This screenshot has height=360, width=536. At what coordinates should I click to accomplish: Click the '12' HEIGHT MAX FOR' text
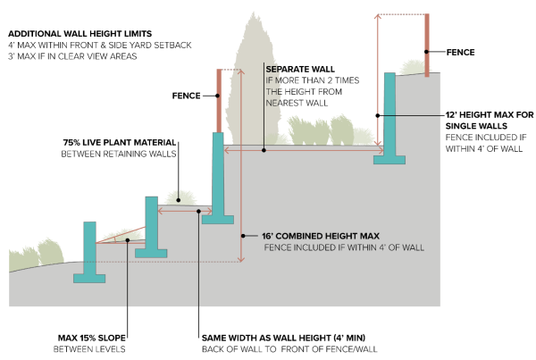[490, 114]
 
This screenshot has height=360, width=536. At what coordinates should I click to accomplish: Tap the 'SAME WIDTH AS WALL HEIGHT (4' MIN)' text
[276, 338]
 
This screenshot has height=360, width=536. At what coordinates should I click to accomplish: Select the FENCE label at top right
[460, 52]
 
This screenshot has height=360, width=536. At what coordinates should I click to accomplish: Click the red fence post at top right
[429, 45]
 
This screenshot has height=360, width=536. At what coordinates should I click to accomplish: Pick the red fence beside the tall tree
[218, 101]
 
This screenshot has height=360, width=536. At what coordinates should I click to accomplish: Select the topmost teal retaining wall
[390, 116]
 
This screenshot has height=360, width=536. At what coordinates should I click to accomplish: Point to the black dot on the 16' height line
[242, 235]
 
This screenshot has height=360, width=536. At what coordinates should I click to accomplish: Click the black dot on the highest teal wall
[378, 115]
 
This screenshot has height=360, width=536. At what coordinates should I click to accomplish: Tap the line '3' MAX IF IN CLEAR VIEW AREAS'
[70, 56]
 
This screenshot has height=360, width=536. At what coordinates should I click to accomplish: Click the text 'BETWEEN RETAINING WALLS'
[118, 155]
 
